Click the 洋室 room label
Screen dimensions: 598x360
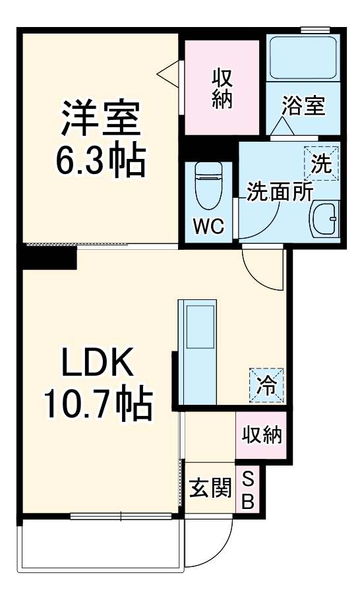pos(101,117)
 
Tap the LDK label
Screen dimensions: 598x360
pos(99,362)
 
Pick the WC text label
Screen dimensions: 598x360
pos(209,225)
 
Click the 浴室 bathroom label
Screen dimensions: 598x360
pos(303,105)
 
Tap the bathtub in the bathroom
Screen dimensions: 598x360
pos(303,57)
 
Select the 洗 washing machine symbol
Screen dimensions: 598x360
pos(321,163)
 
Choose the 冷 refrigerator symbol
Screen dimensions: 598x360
pos(267,385)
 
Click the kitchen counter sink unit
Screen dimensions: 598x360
pos(200,353)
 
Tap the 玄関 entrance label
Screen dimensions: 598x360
pos(210,489)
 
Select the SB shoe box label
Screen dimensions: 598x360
pos(249,489)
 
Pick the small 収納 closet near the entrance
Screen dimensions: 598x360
pos(261,435)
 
